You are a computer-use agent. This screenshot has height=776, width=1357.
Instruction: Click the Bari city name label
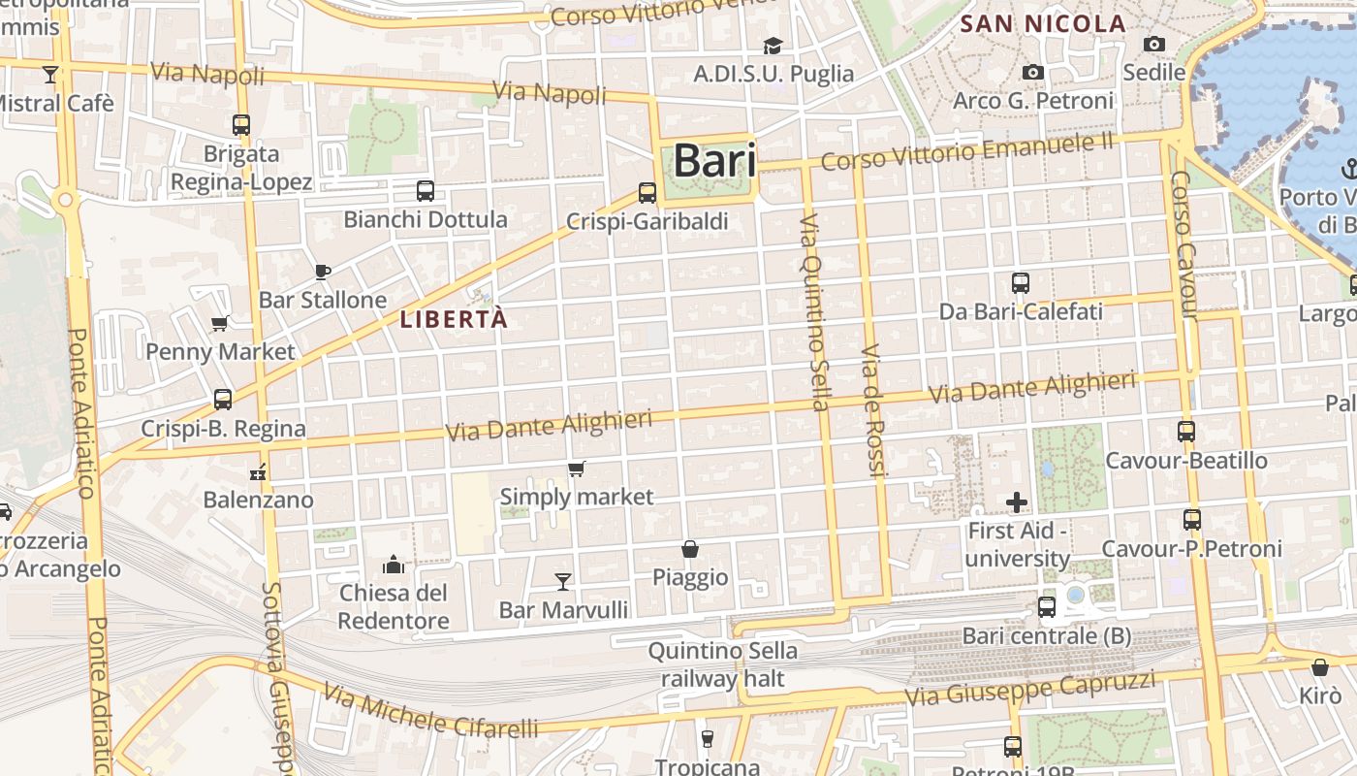click(714, 160)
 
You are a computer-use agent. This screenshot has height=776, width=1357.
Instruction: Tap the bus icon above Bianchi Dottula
click(425, 191)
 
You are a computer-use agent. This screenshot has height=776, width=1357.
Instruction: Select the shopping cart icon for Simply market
click(577, 469)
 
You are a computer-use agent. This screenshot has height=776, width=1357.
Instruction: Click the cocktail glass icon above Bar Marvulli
click(563, 581)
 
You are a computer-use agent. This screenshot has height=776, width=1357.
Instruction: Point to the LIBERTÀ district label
click(454, 319)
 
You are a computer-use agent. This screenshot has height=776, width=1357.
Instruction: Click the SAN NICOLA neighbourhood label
click(1043, 24)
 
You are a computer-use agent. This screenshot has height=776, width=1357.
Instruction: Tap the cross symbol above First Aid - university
click(1017, 502)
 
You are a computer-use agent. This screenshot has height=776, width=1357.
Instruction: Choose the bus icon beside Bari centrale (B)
click(1047, 607)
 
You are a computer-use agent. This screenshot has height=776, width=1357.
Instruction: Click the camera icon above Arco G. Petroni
click(1033, 73)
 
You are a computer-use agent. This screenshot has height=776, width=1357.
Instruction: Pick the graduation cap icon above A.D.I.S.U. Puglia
click(773, 46)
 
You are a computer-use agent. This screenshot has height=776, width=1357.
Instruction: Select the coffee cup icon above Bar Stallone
click(323, 272)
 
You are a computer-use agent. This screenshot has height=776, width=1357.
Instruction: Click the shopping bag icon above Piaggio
click(690, 549)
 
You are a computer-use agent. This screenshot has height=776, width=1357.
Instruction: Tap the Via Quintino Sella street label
click(814, 312)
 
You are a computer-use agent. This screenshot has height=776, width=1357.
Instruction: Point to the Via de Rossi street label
click(873, 410)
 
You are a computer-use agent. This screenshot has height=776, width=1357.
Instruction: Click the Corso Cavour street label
click(1185, 246)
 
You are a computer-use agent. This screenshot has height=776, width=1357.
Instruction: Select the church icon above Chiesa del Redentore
click(394, 564)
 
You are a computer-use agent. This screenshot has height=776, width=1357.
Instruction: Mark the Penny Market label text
click(220, 351)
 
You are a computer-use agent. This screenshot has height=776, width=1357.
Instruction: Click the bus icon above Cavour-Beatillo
click(1186, 432)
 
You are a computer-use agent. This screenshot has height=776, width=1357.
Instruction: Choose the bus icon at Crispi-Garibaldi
click(647, 193)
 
